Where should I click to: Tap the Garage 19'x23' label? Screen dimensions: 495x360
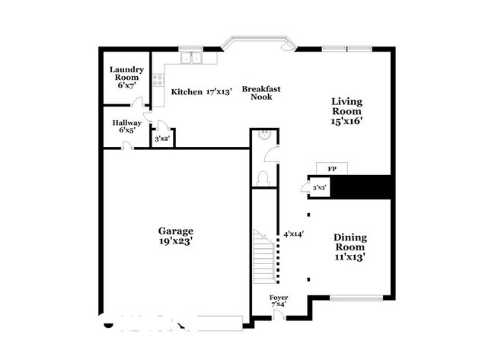pos(176,236)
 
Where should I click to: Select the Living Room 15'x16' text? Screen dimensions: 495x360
pos(346,111)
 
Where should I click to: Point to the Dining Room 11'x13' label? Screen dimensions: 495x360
pos(350,247)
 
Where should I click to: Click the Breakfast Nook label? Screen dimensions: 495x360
pos(261,93)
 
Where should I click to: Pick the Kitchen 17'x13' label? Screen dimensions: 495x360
pos(202,92)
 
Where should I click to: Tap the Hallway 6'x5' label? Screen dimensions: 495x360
pos(127,126)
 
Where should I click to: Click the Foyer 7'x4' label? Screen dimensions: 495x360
pos(279,301)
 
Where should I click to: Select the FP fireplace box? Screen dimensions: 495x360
pos(332,169)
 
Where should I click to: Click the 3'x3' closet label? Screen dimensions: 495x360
pos(319,188)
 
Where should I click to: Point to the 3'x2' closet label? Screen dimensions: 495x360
pos(162,139)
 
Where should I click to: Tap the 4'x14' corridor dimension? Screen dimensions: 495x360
pos(294,234)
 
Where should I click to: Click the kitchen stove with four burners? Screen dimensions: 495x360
pos(158,80)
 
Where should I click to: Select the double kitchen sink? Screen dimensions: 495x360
pos(191,58)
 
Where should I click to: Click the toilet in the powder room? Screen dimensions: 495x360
pos(263,179)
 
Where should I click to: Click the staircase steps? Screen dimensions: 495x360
pos(264,256)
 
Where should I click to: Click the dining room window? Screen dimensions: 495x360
pos(356,298)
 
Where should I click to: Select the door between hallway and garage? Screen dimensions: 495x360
pos(128,146)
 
